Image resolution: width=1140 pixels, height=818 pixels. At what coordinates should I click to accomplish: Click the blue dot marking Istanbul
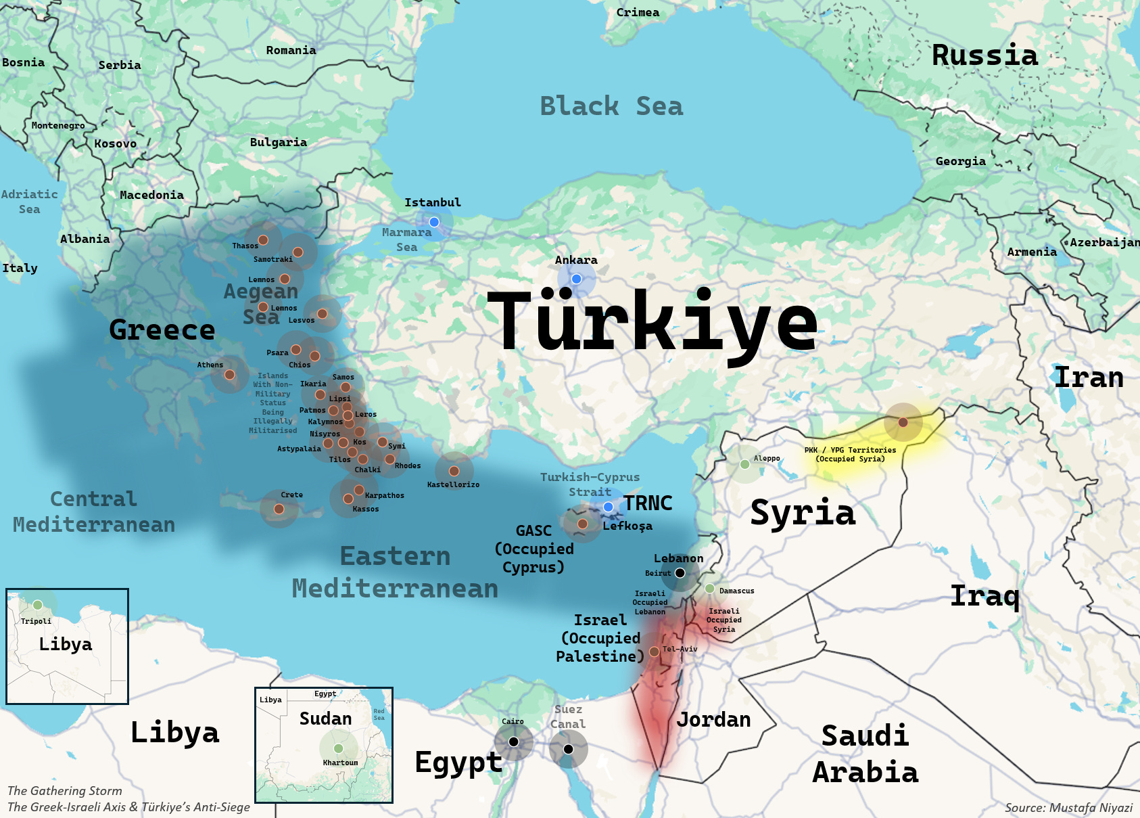pos(434,222)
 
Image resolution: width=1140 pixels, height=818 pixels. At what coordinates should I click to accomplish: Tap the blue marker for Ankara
pos(576,279)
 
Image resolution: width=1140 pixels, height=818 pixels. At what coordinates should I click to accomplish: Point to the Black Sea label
pos(611,106)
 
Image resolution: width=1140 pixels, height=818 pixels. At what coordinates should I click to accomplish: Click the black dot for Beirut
pos(680,573)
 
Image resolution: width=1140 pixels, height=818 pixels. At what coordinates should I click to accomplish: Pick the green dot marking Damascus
pos(710,589)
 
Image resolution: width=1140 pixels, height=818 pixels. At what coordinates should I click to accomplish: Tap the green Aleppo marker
pos(744,464)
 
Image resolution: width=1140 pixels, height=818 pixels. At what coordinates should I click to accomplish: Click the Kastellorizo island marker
pos(454,471)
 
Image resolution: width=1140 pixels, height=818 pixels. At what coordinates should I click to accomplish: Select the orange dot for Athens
pos(230,375)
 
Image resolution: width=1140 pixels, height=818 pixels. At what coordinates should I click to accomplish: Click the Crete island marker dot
pos(279,509)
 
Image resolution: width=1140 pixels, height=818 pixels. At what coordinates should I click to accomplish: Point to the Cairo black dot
pos(514,742)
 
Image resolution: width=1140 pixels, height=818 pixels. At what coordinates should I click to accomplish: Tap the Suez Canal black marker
pos(568,749)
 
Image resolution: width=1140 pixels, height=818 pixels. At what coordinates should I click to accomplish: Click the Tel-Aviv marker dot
pos(654,652)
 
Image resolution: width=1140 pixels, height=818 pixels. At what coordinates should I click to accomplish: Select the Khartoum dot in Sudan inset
pos(338,748)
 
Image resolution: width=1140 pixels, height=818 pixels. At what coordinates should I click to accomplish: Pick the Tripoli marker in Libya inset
pos(38,605)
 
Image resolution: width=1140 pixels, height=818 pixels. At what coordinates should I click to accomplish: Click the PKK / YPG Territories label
pos(850,454)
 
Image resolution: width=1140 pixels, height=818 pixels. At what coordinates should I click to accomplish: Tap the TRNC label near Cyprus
pos(648,503)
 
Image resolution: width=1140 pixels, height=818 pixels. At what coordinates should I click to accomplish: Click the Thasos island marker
pos(263,240)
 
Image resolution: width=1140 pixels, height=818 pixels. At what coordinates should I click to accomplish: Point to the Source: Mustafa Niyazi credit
pos(1068,807)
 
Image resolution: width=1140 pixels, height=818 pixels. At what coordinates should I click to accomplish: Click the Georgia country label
pos(960,161)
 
